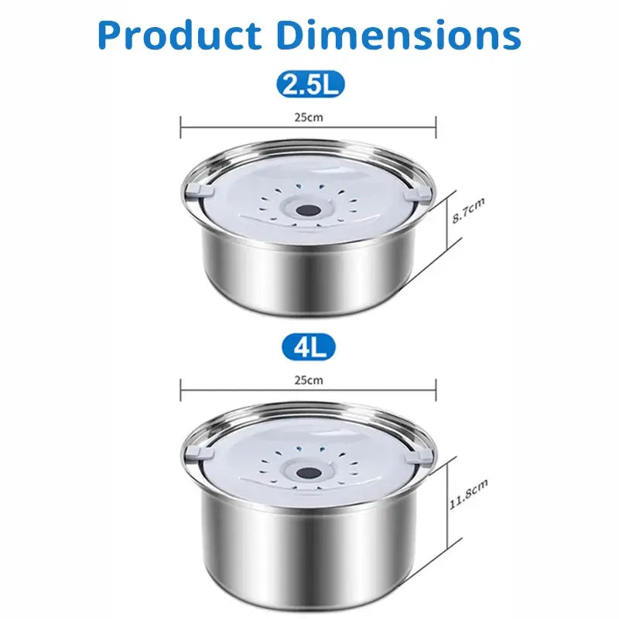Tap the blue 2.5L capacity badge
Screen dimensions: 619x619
point(310,84)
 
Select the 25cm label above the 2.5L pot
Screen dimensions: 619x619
point(309,118)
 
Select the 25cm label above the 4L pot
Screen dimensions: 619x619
point(309,380)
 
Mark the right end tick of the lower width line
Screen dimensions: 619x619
point(437,387)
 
